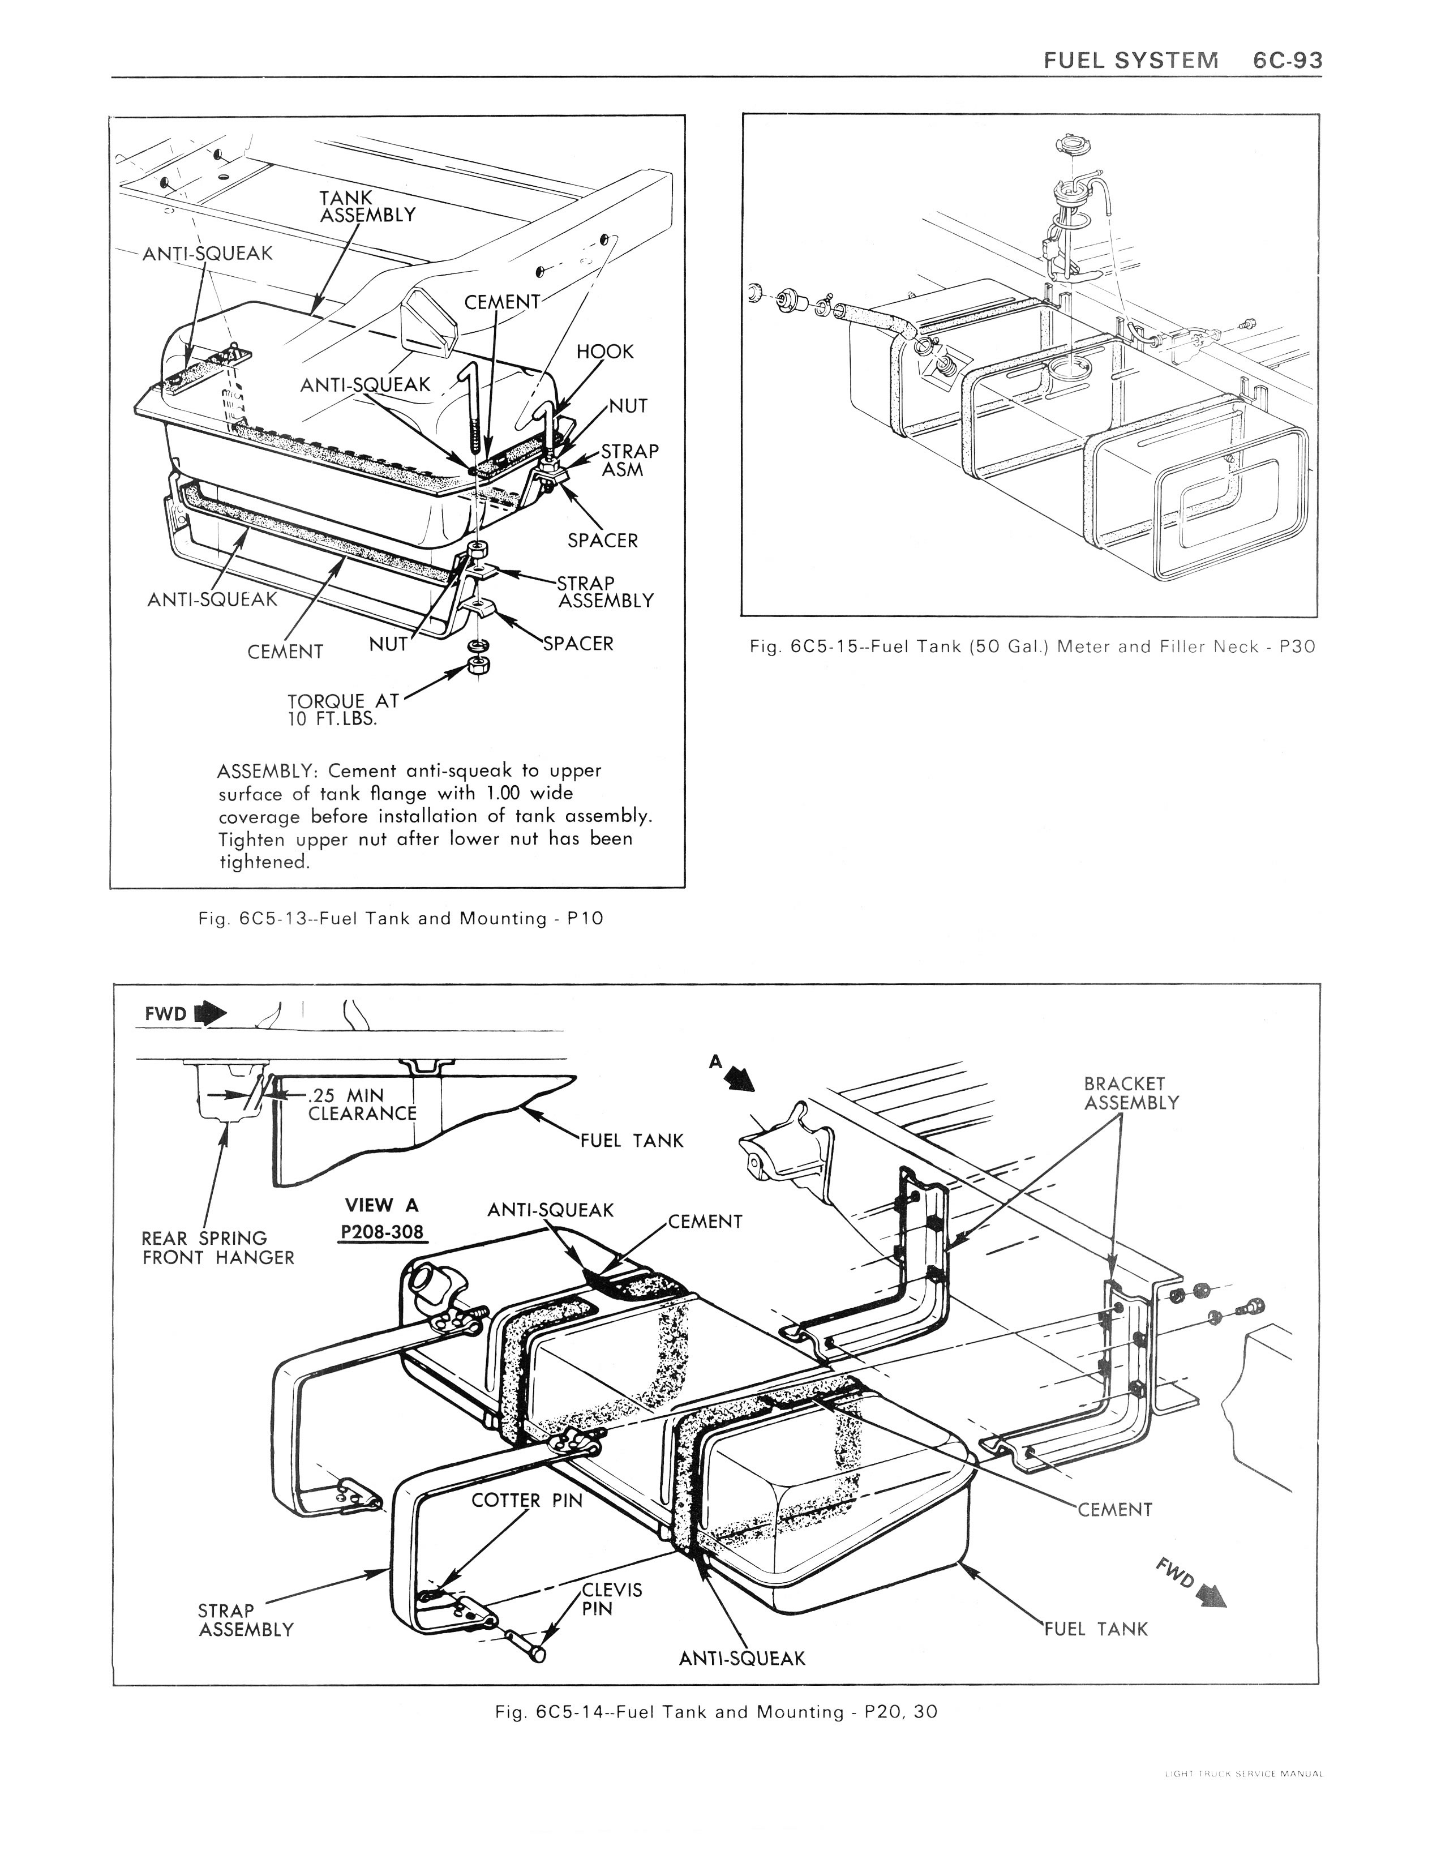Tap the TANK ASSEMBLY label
coord(367,206)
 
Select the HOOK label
coord(604,352)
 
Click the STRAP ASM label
coord(629,460)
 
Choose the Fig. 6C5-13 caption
coord(401,919)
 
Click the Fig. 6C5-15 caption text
coord(1032,647)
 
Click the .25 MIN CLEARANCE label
coord(361,1104)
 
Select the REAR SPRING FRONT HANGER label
coord(218,1248)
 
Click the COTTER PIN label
coord(527,1500)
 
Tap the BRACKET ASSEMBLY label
coord(1131,1093)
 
